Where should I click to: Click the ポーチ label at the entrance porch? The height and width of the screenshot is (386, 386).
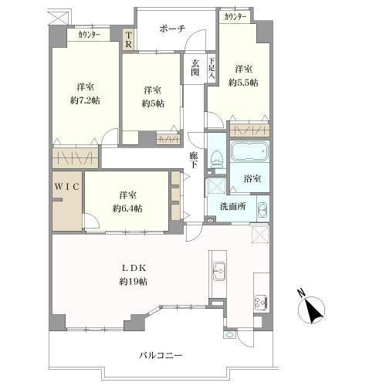pos(172,29)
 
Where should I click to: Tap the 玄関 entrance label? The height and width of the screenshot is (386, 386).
pos(195,69)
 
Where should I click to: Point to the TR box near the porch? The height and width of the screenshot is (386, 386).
pos(128,39)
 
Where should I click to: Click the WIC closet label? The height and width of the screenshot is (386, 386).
pos(65,187)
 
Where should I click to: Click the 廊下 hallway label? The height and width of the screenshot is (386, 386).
pos(195,160)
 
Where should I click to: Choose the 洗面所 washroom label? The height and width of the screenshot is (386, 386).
pos(232,207)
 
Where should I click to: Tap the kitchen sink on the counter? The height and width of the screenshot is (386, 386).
pos(218,271)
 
